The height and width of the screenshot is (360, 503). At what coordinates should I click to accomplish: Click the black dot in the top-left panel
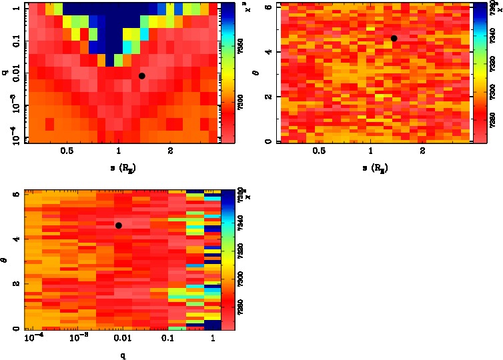[141, 76]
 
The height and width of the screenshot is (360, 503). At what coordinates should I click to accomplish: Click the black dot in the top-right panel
[394, 38]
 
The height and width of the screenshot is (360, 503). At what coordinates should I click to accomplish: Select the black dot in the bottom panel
[119, 225]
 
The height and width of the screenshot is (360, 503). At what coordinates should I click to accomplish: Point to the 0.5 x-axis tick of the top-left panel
[67, 151]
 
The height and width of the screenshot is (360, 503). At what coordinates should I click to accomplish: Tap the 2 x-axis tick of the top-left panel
[171, 151]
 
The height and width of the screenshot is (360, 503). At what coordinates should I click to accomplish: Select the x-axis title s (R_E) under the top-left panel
[119, 167]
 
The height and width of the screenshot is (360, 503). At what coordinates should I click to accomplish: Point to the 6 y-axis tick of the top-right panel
[267, 7]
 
